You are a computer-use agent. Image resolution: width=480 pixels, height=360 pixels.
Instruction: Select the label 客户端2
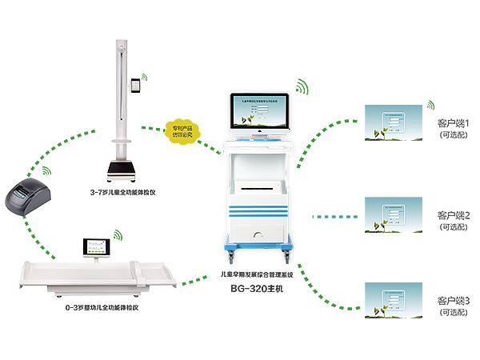click(x=459, y=216)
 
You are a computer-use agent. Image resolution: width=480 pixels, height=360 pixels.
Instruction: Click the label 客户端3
click(x=459, y=301)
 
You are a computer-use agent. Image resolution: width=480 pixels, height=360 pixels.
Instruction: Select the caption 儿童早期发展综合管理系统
click(x=263, y=273)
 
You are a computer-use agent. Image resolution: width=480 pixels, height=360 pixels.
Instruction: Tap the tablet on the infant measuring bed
click(x=100, y=250)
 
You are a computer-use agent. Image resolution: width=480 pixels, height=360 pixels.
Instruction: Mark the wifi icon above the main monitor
click(x=303, y=85)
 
